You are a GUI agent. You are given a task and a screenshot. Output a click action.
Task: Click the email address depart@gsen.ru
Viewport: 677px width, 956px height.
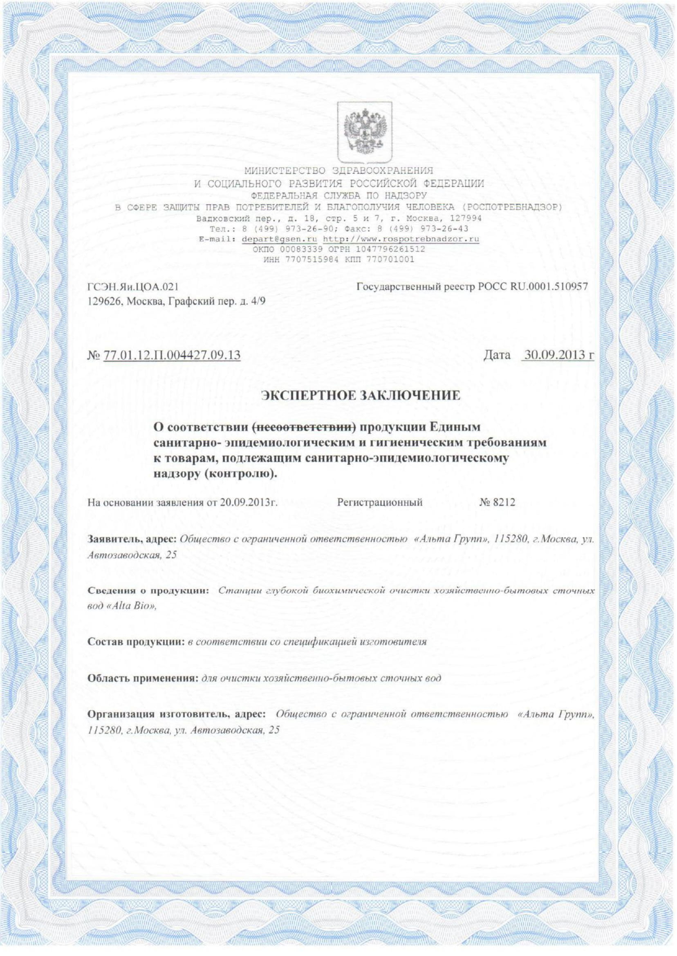point(279,239)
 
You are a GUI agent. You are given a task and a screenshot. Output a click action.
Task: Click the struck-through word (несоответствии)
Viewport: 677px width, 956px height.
point(304,427)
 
